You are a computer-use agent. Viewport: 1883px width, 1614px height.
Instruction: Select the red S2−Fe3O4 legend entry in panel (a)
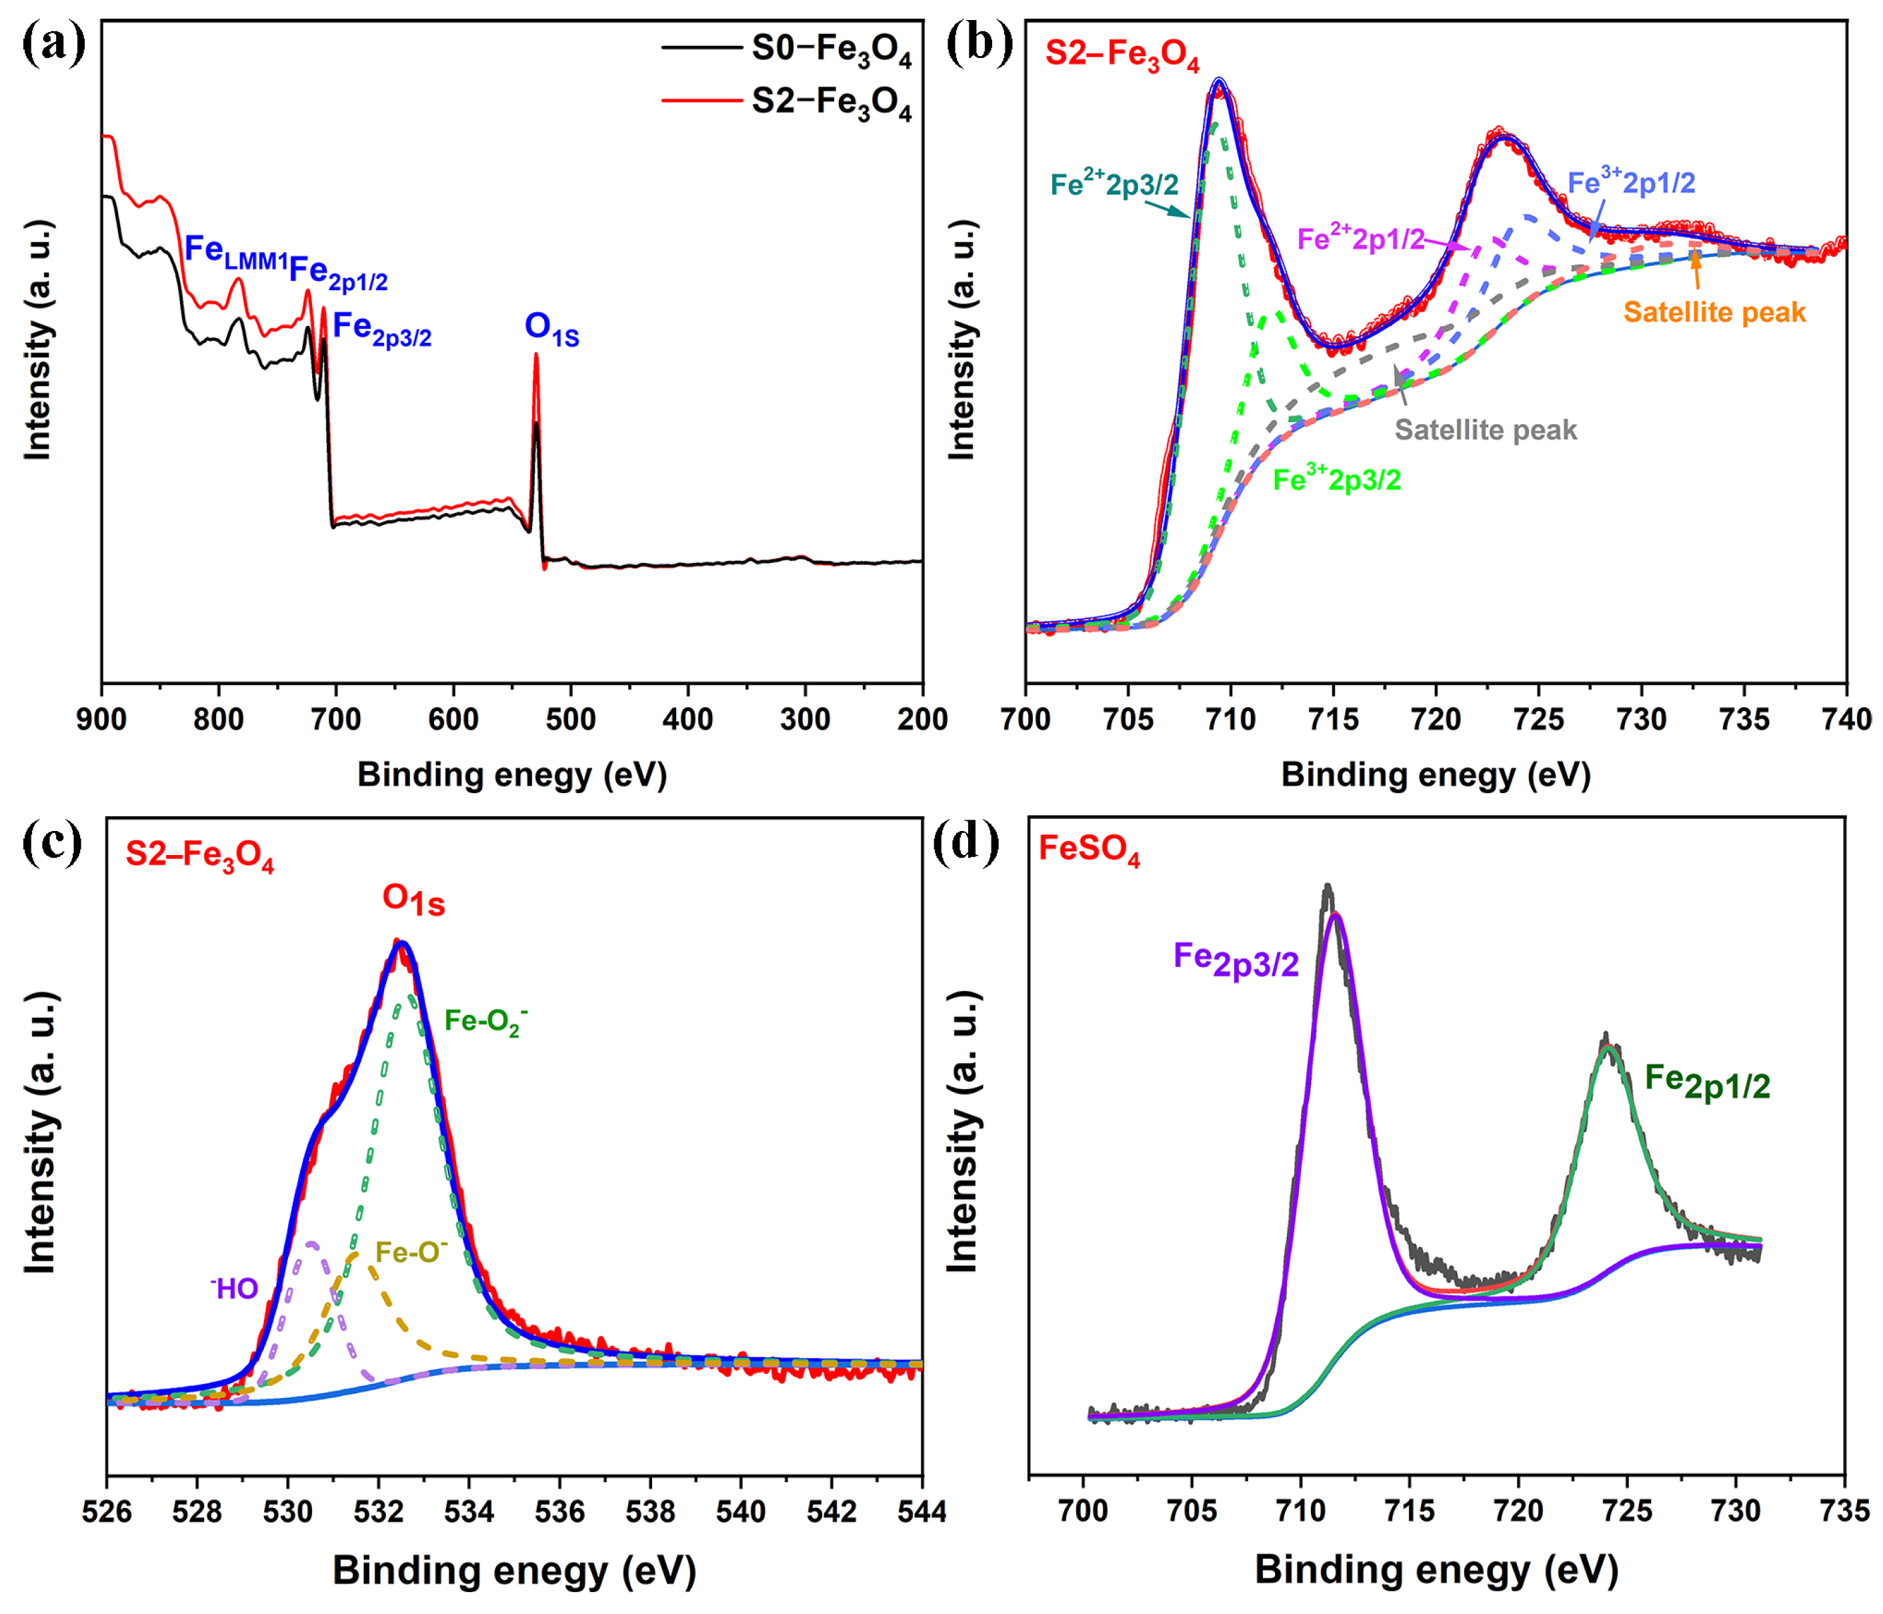point(829,103)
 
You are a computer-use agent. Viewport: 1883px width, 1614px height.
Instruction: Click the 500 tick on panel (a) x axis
point(571,720)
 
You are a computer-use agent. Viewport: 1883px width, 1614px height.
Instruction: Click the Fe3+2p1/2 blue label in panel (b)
point(1630,182)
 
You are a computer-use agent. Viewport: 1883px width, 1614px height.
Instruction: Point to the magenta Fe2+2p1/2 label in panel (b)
point(1360,238)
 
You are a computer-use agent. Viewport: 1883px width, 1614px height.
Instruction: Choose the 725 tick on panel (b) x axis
point(1538,720)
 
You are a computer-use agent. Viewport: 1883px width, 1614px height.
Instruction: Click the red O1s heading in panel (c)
point(413,900)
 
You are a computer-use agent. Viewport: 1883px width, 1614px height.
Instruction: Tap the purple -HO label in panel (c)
point(235,1288)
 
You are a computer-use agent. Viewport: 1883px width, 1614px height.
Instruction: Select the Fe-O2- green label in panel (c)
point(484,1022)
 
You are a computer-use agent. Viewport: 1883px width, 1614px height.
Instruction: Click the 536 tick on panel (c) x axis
point(559,1511)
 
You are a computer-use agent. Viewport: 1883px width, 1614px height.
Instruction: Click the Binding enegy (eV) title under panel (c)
point(513,1571)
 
